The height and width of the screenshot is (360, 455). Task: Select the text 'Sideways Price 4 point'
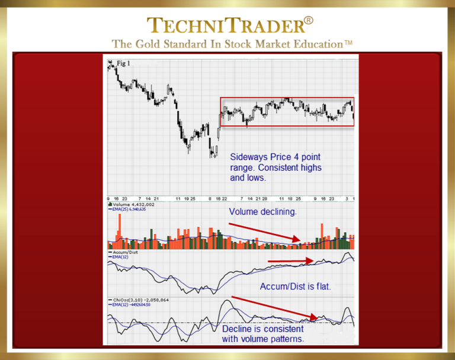pos(275,157)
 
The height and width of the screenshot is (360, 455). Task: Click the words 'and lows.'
pos(249,177)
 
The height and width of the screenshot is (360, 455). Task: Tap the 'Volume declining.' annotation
pos(262,211)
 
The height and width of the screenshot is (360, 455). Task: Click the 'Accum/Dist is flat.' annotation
pos(295,287)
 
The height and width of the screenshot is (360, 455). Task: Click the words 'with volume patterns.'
pos(263,339)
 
